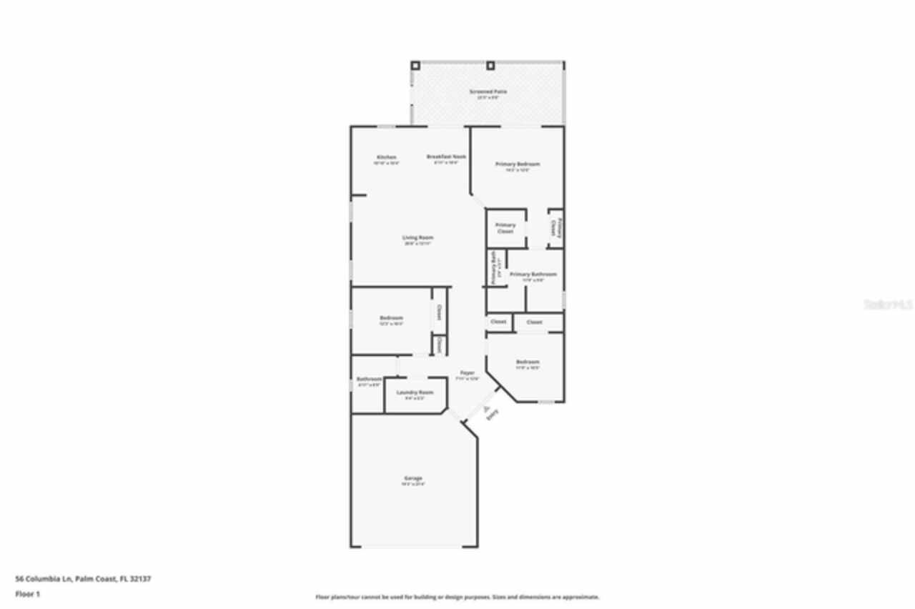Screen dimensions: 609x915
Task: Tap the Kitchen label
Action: point(387,157)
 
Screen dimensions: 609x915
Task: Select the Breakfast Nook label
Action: point(447,157)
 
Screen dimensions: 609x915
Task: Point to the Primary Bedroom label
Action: point(518,164)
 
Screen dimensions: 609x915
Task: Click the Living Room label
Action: point(418,238)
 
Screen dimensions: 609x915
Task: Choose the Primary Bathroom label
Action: point(533,274)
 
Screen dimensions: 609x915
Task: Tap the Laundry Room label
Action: point(415,392)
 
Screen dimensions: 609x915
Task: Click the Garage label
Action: point(413,478)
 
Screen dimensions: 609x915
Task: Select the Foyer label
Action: point(467,373)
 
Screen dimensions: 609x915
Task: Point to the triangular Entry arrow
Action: point(486,410)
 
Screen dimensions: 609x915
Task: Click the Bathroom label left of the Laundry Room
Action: point(369,379)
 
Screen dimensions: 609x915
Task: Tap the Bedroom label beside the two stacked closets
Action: point(391,318)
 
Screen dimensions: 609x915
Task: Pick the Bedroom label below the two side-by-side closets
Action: point(528,362)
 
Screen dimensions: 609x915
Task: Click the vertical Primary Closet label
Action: point(555,227)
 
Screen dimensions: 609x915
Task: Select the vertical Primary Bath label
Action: point(493,267)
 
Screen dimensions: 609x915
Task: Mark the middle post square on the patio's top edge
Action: point(490,66)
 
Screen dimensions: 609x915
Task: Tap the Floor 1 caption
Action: point(28,594)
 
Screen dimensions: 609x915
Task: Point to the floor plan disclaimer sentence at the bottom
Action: point(457,597)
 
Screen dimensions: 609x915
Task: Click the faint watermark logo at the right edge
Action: point(888,304)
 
